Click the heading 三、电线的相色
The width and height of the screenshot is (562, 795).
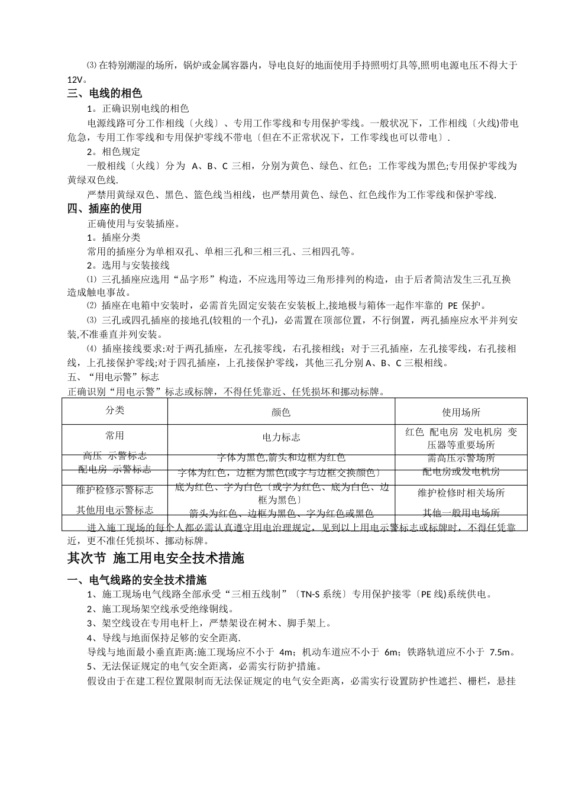pos(105,93)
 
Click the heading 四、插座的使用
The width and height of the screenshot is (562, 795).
pos(105,208)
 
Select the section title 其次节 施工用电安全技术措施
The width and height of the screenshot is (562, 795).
pos(156,558)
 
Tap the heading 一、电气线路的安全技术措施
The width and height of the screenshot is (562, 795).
pos(137,580)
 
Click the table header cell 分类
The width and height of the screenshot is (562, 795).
pos(115,410)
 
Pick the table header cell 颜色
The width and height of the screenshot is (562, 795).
pos(281,412)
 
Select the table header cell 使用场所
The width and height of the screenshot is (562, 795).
pos(461,412)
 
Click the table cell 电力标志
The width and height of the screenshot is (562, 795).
pos(281,437)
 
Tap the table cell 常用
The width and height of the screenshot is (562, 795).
pos(115,435)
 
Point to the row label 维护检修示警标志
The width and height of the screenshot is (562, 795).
pos(115,490)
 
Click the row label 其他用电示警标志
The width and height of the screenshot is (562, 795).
pos(115,510)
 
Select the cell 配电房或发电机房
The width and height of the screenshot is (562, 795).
pos(461,471)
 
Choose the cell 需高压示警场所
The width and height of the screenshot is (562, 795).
pos(461,458)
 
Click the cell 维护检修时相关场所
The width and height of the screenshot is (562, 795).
pos(461,493)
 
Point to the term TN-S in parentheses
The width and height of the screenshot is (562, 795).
pos(310,594)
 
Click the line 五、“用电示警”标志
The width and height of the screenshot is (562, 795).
pos(114,377)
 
